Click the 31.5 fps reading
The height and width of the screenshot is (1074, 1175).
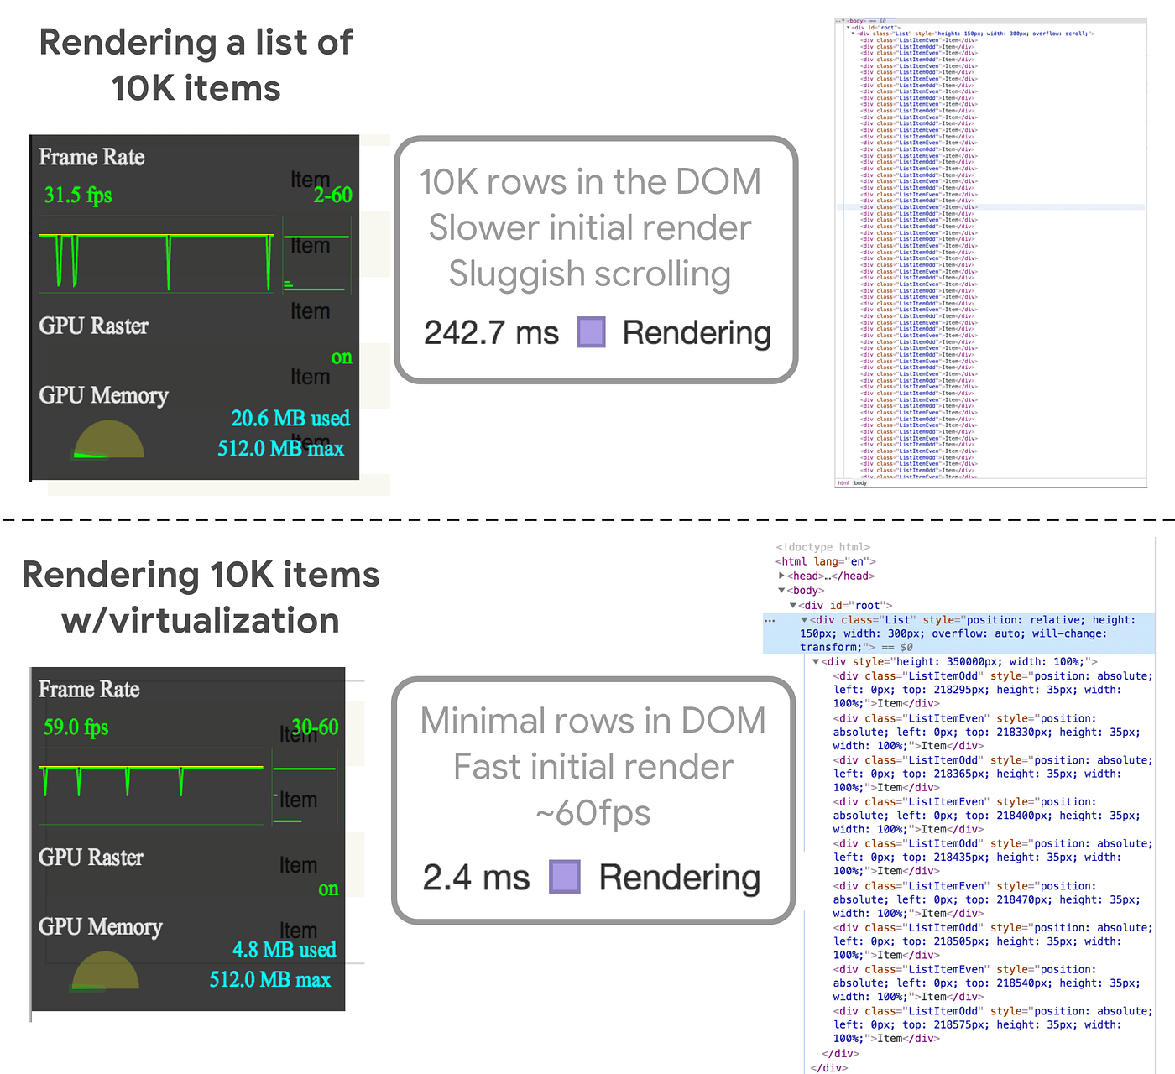tap(77, 196)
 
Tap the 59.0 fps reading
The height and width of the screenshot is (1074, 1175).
tap(76, 727)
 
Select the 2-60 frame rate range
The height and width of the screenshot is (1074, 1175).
tap(332, 196)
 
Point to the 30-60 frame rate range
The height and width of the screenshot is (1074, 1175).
tap(315, 727)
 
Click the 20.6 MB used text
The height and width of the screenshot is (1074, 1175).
tap(290, 418)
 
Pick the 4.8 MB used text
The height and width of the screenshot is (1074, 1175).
tap(284, 950)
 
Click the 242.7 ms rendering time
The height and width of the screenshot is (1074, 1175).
tap(491, 333)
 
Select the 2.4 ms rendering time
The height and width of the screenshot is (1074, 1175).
tap(476, 878)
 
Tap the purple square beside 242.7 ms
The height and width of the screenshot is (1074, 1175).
tap(591, 332)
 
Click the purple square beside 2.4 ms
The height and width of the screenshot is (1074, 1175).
tap(565, 877)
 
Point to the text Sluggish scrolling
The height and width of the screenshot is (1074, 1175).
tap(589, 274)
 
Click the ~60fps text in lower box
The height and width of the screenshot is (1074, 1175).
tap(593, 813)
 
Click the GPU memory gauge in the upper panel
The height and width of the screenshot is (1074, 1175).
tap(108, 441)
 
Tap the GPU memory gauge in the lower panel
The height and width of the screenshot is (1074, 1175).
tap(105, 971)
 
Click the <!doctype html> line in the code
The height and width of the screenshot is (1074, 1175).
tap(822, 547)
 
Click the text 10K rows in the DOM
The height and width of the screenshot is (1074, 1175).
tap(590, 182)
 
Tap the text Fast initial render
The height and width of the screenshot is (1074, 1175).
tap(593, 767)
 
